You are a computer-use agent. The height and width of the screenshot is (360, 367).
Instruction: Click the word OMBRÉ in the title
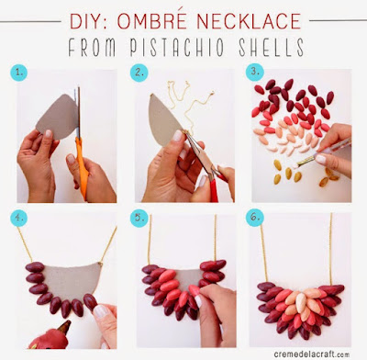click(x=151, y=21)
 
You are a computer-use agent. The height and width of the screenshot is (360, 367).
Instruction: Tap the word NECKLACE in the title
click(x=249, y=21)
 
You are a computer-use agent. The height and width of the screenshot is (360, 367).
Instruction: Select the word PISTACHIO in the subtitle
click(x=177, y=48)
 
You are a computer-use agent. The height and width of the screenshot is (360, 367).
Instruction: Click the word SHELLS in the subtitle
click(x=271, y=47)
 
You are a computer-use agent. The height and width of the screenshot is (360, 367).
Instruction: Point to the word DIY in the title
click(x=88, y=21)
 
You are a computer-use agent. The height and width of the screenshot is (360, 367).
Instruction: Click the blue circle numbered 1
click(x=18, y=73)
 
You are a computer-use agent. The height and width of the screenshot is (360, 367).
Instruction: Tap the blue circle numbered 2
click(x=139, y=73)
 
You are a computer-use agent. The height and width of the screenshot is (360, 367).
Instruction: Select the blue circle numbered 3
click(x=255, y=72)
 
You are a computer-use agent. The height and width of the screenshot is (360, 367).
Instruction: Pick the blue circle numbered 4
click(x=18, y=218)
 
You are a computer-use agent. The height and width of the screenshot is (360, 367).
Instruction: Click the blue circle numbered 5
click(x=139, y=219)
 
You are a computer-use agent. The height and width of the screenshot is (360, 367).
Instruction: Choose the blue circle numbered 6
click(x=255, y=218)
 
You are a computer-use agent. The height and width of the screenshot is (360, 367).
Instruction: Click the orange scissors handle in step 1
click(x=82, y=167)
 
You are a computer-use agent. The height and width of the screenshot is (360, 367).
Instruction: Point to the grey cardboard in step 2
click(x=164, y=120)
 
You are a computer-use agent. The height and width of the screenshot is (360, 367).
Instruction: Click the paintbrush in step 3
click(x=324, y=152)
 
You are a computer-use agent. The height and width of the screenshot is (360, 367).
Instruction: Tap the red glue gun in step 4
click(x=50, y=336)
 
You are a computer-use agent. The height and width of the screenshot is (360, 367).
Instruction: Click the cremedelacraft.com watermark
click(x=311, y=354)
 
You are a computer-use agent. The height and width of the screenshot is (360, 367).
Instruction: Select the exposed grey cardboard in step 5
click(x=188, y=277)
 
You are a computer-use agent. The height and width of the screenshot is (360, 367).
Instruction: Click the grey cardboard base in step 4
click(x=71, y=280)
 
